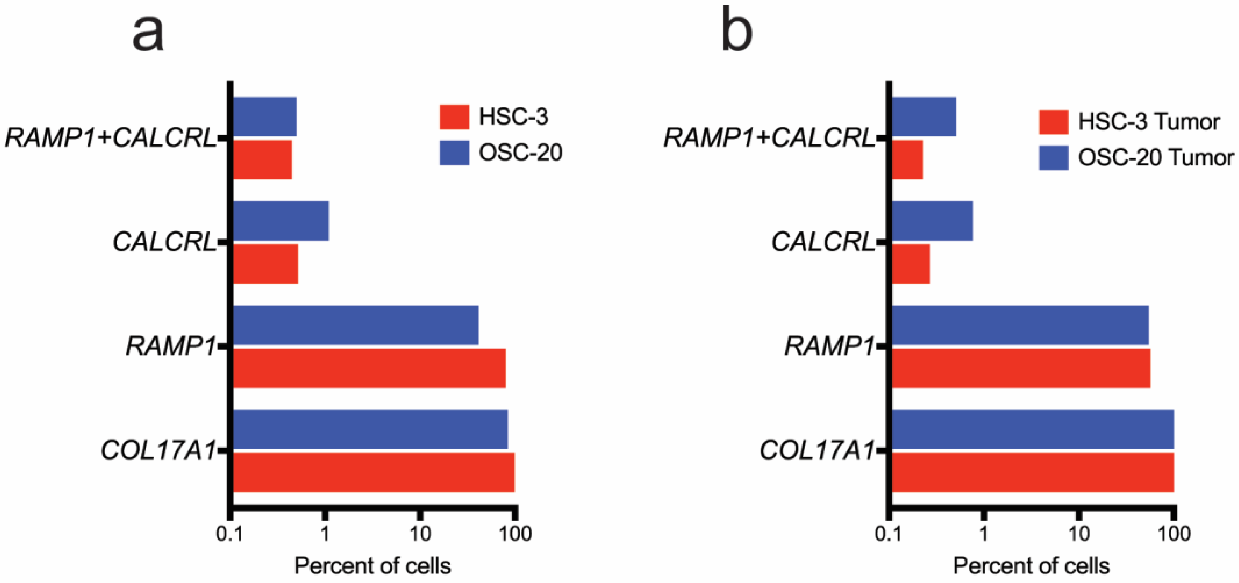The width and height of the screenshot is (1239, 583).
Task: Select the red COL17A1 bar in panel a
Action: pos(373,472)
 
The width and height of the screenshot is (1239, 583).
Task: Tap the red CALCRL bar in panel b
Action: pos(911,264)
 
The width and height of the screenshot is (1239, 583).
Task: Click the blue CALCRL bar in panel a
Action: pos(281,221)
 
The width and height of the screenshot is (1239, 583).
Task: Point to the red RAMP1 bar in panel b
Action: pos(1021,368)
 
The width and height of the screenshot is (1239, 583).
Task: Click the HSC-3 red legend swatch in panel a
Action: pos(454,117)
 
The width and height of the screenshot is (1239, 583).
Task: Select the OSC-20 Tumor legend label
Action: pos(1155,158)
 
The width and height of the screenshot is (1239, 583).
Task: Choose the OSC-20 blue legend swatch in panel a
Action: pos(454,153)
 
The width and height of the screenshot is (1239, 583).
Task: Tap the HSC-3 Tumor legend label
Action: pos(1149,122)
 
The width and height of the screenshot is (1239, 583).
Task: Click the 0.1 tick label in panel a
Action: pos(229,534)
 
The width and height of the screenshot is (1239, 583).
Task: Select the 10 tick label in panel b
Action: pos(1079,534)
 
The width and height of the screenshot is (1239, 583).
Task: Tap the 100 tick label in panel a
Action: pos(515,534)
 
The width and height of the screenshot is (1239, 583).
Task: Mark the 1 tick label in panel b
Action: pos(984,534)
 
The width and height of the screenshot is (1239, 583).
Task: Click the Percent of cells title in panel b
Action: pos(1031,566)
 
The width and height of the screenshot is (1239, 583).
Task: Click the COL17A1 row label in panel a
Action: pos(158,451)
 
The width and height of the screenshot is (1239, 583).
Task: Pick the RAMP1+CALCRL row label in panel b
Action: pos(768,139)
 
